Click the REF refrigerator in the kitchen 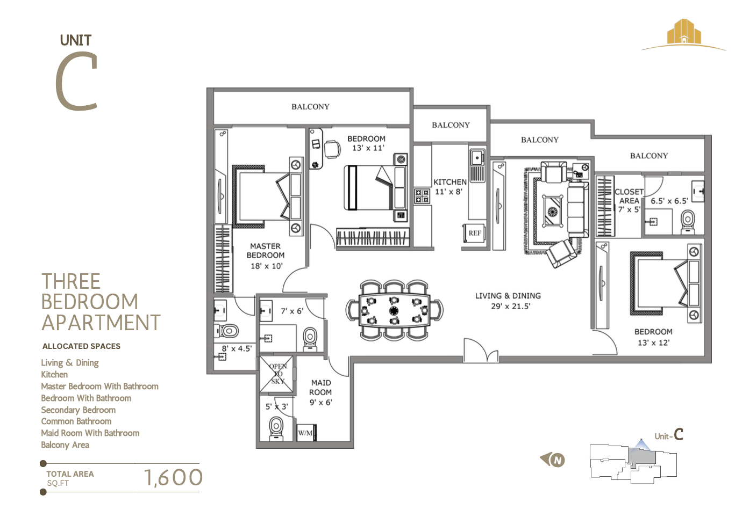coord(474,234)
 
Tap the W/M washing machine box coord(306,433)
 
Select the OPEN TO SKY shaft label coord(277,374)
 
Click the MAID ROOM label coord(320,392)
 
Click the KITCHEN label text coord(450,183)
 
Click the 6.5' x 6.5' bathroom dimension coord(669,201)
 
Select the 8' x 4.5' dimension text coord(237,349)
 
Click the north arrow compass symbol coord(553,460)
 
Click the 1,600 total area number coord(173,477)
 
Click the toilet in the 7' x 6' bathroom coord(310,338)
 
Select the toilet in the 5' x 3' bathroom coord(275,428)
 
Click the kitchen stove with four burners coord(422,195)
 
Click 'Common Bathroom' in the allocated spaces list coord(76,421)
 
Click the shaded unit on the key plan coord(641,457)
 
